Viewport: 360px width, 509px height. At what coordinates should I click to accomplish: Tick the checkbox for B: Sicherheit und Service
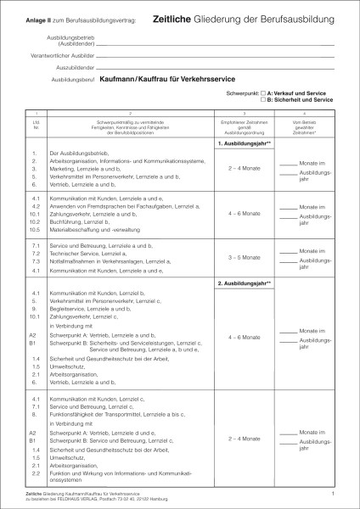click(263, 99)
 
